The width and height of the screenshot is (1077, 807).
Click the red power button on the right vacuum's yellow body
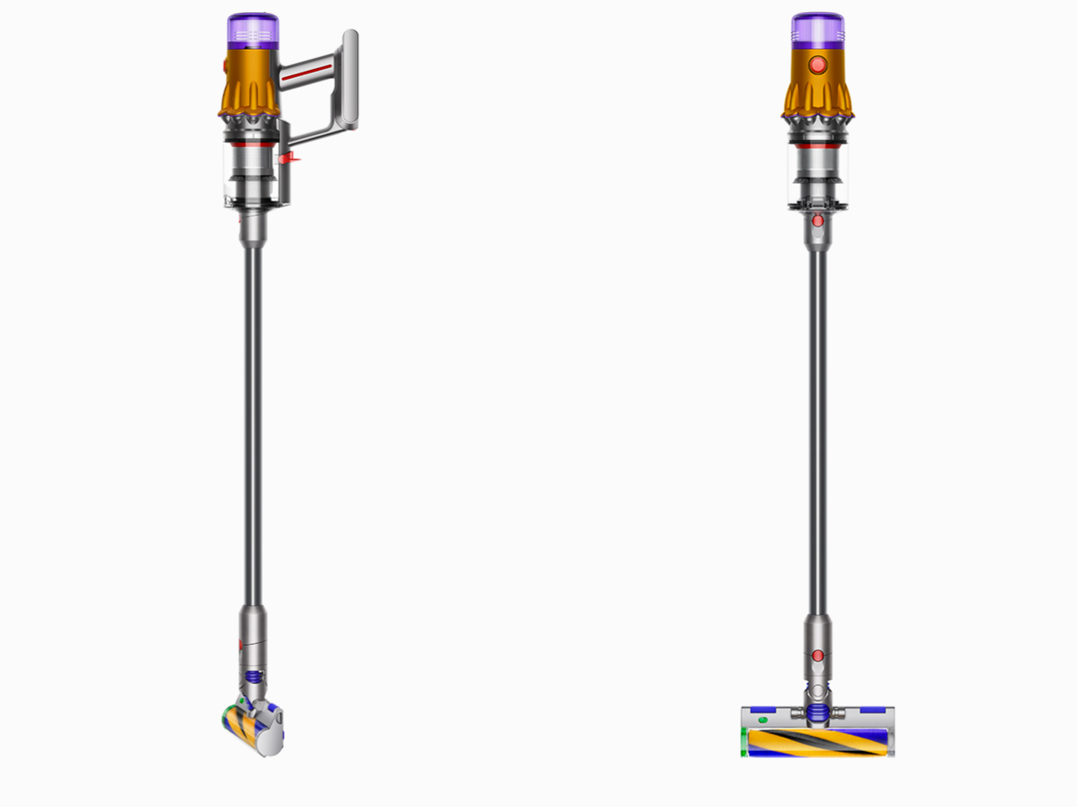[x=818, y=65]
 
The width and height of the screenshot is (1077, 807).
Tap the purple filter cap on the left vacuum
[x=253, y=32]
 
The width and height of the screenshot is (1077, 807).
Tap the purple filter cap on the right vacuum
[x=818, y=31]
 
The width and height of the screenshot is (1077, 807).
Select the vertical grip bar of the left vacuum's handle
[x=349, y=79]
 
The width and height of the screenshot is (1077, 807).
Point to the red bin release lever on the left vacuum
[x=287, y=159]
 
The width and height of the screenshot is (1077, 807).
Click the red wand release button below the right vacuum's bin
[x=818, y=221]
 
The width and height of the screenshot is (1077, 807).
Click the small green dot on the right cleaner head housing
[x=762, y=719]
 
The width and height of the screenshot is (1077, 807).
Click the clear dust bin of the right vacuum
[x=818, y=166]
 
